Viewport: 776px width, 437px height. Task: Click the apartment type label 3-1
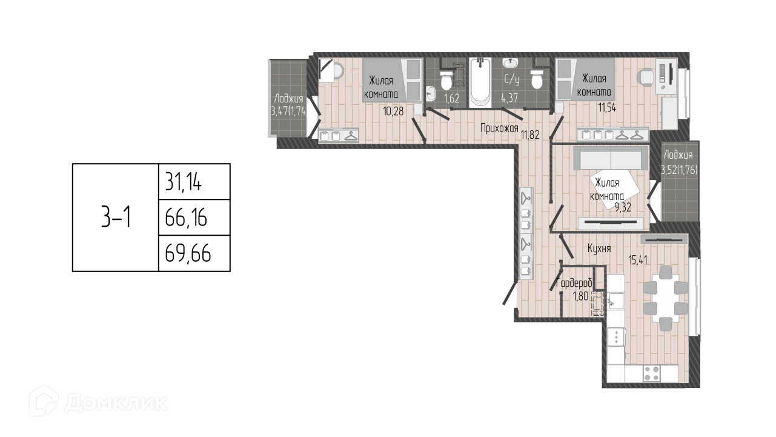[115, 217]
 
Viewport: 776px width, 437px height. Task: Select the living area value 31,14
[184, 181]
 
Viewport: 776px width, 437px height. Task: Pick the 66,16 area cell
[186, 217]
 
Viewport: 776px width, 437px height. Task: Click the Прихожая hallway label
[499, 128]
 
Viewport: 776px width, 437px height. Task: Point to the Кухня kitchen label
[598, 249]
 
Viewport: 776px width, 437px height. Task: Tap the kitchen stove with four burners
[652, 373]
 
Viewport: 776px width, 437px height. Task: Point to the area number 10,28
[394, 110]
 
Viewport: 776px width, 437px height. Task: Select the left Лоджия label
[288, 98]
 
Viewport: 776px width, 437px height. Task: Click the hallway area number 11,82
[531, 135]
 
